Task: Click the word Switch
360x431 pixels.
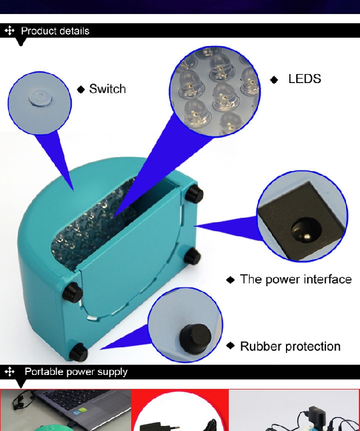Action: coord(107,89)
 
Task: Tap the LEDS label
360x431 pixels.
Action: coord(304,79)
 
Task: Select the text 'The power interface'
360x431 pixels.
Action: coord(296,279)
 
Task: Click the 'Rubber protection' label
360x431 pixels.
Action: coord(290,346)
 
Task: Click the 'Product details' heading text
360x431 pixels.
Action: coord(55,31)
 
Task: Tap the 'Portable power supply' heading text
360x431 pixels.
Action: coord(76,372)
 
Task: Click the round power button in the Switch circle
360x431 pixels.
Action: coord(40,98)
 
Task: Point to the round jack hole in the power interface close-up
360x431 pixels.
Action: coord(306,230)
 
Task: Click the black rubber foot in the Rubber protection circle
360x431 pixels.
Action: coord(195,338)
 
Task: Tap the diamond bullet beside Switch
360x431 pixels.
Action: coord(81,90)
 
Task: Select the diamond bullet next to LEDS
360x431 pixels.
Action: coord(274,80)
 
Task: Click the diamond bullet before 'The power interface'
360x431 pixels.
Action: coord(230,280)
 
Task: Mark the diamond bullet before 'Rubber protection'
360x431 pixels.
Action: coord(230,346)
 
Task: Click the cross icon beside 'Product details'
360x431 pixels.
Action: coord(10,30)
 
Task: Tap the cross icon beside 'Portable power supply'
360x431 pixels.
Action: coord(10,372)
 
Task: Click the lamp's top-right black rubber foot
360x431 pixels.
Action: coord(195,194)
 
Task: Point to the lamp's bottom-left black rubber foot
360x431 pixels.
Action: coord(79,352)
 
